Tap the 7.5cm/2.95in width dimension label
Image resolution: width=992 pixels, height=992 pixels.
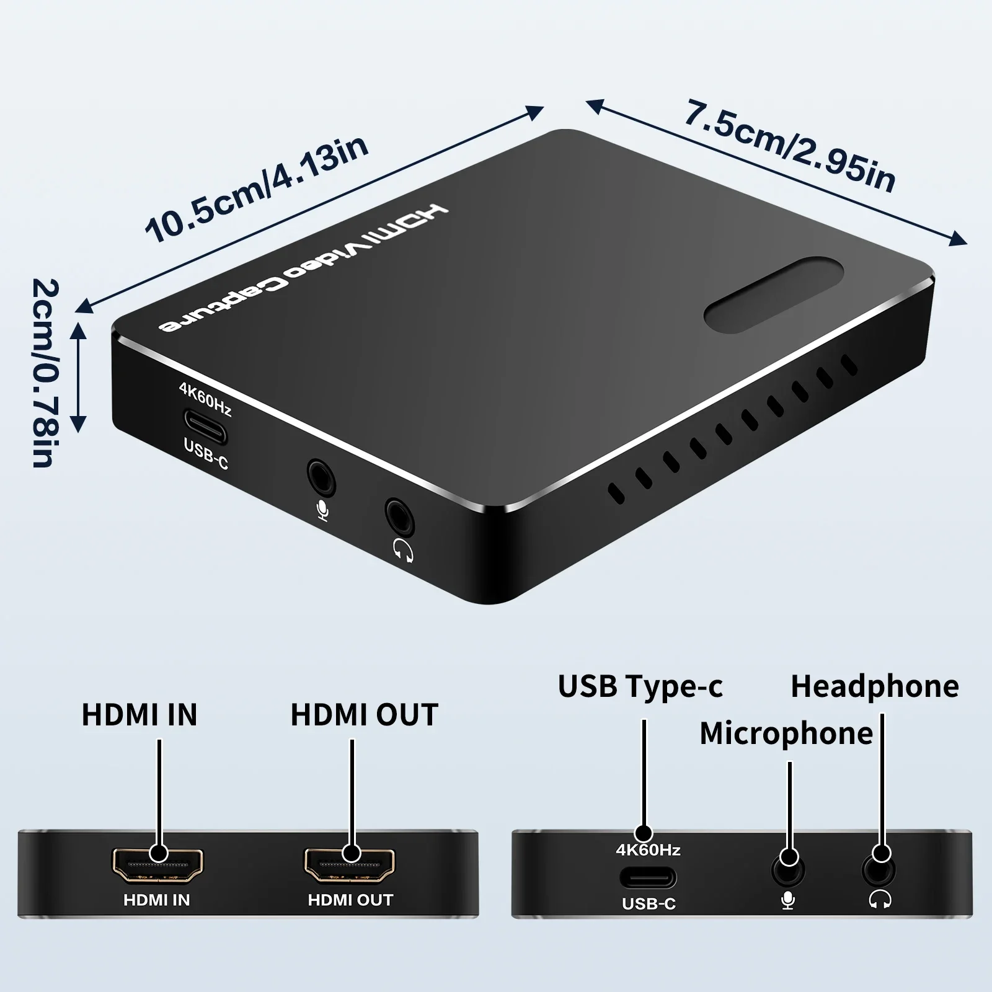coord(790,145)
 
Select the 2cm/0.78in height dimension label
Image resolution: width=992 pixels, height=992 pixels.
coord(45,373)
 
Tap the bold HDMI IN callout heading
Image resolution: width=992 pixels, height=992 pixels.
coord(139,714)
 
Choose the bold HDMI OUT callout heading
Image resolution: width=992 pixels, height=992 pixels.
coord(365,714)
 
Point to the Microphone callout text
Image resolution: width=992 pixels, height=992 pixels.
coord(786,734)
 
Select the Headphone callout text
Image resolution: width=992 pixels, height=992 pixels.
coord(875,687)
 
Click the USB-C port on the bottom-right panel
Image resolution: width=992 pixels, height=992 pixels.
coord(648,878)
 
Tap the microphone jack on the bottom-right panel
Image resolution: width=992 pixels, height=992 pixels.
coord(789,870)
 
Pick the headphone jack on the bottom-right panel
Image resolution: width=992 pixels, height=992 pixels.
coord(879,870)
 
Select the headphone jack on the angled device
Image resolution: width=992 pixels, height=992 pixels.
coord(400,516)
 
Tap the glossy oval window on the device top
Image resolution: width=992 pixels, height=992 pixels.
coord(774,295)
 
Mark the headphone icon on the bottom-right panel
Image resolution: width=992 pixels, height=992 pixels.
coord(880,900)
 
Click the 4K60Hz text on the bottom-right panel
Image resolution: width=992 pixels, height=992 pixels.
coord(648,850)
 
